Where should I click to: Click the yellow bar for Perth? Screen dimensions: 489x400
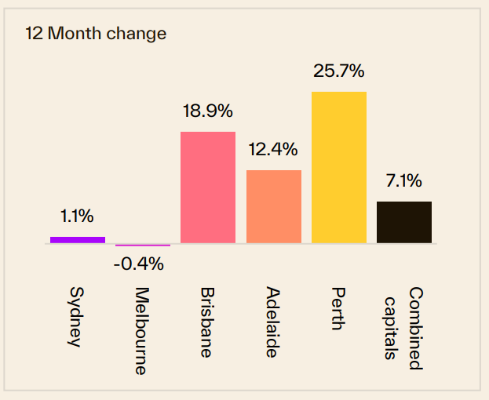[x=339, y=167]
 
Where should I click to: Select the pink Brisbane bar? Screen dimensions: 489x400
[x=208, y=187]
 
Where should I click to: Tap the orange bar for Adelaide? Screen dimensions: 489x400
[x=274, y=206]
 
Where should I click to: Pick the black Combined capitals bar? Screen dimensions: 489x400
[x=404, y=222]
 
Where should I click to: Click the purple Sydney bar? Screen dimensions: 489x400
[x=78, y=240]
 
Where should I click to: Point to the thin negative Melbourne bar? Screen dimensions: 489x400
[x=143, y=245]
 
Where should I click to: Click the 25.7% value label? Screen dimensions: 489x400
[x=338, y=71]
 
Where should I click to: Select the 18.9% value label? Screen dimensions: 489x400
[x=208, y=111]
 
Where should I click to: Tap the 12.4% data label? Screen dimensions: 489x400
[x=273, y=149]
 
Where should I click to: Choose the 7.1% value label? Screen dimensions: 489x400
[x=404, y=180]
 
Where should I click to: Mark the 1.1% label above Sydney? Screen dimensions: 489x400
[x=77, y=216]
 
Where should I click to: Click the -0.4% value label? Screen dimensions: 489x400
[x=139, y=264]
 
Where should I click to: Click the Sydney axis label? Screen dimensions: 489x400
[x=75, y=317]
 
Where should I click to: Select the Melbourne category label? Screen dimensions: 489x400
[x=141, y=331]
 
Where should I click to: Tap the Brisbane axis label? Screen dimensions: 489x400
[x=206, y=322]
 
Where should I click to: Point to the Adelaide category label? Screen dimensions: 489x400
[x=272, y=322]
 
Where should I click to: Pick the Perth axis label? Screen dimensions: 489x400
[x=338, y=308]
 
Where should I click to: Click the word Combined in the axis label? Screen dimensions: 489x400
[x=416, y=329]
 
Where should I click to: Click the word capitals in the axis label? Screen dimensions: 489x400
[x=390, y=329]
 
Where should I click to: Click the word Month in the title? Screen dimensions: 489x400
[x=75, y=33]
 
